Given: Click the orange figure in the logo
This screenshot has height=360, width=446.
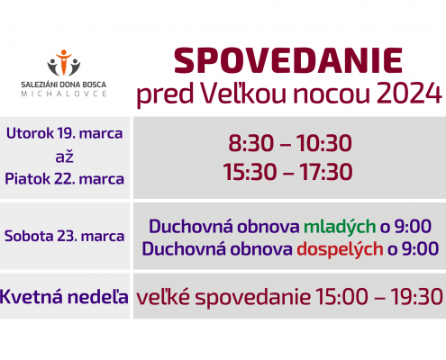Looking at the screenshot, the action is point(64,62).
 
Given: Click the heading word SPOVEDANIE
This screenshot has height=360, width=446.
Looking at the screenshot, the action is point(288,60).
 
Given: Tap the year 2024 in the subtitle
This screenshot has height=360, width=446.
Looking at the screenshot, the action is point(409,93).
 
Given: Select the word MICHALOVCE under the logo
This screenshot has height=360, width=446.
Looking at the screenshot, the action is point(64,94).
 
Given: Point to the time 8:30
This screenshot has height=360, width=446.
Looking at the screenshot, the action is point(251,143).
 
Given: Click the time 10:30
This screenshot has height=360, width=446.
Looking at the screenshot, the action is point(324,143).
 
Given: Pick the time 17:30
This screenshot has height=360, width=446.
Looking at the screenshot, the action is point(326,172).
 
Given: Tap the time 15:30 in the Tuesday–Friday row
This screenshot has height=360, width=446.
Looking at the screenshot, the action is point(250,172).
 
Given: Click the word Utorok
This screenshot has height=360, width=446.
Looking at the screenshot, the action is point(30,133).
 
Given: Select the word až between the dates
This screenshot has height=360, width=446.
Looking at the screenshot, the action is point(64,157).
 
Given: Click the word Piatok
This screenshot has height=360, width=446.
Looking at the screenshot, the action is point(27,179).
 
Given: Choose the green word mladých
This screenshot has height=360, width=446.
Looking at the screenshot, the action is point(340,227).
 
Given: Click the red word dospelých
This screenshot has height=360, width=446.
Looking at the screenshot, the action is point(340,249).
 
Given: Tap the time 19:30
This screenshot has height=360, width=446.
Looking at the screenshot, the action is point(416,296).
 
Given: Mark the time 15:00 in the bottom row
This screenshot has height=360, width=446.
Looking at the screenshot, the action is point(342,296).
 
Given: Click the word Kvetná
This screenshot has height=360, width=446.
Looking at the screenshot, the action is point(32,297).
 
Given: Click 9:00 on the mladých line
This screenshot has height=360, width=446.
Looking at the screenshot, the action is point(413,226).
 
